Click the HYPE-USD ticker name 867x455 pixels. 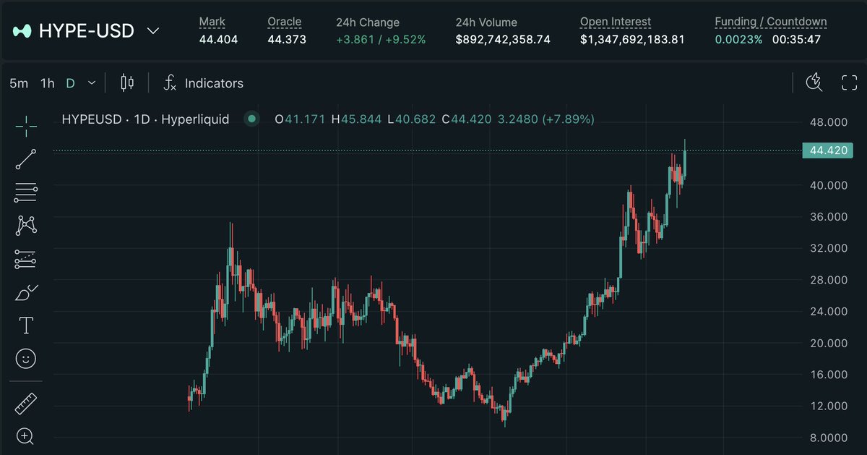point(86,31)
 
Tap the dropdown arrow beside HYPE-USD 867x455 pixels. point(153,31)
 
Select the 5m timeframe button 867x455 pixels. point(19,83)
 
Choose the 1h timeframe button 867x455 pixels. point(47,83)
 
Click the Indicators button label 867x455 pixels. point(214,83)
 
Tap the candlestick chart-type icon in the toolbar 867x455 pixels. point(127,82)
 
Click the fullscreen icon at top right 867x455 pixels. point(849,82)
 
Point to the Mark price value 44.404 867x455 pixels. point(218,39)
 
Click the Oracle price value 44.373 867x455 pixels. point(287,39)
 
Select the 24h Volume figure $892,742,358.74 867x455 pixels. point(503,39)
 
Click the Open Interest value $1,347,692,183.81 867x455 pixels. point(632,39)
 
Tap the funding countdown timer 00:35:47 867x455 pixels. point(796,39)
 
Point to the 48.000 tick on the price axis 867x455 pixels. point(829,122)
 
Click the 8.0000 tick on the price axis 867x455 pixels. point(829,437)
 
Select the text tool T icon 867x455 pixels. point(26,326)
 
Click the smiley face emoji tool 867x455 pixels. point(25,359)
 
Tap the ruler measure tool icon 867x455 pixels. point(25,404)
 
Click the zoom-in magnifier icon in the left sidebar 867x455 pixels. point(25,435)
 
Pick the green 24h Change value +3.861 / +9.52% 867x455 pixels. point(381,39)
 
